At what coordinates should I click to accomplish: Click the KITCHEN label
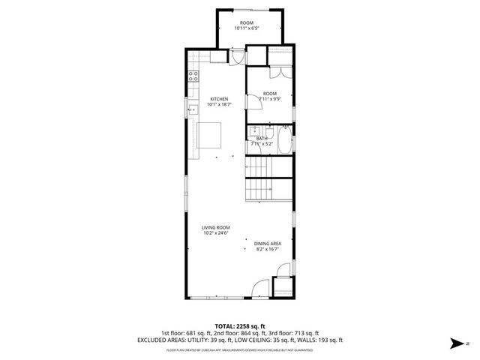point(219,99)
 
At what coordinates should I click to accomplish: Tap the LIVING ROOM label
point(215,227)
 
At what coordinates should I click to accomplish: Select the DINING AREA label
point(267,243)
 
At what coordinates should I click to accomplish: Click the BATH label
point(262,138)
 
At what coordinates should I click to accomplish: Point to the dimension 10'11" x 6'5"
point(246,29)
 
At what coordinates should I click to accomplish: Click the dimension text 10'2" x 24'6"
point(215,233)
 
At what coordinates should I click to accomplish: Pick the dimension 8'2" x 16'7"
point(267,249)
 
